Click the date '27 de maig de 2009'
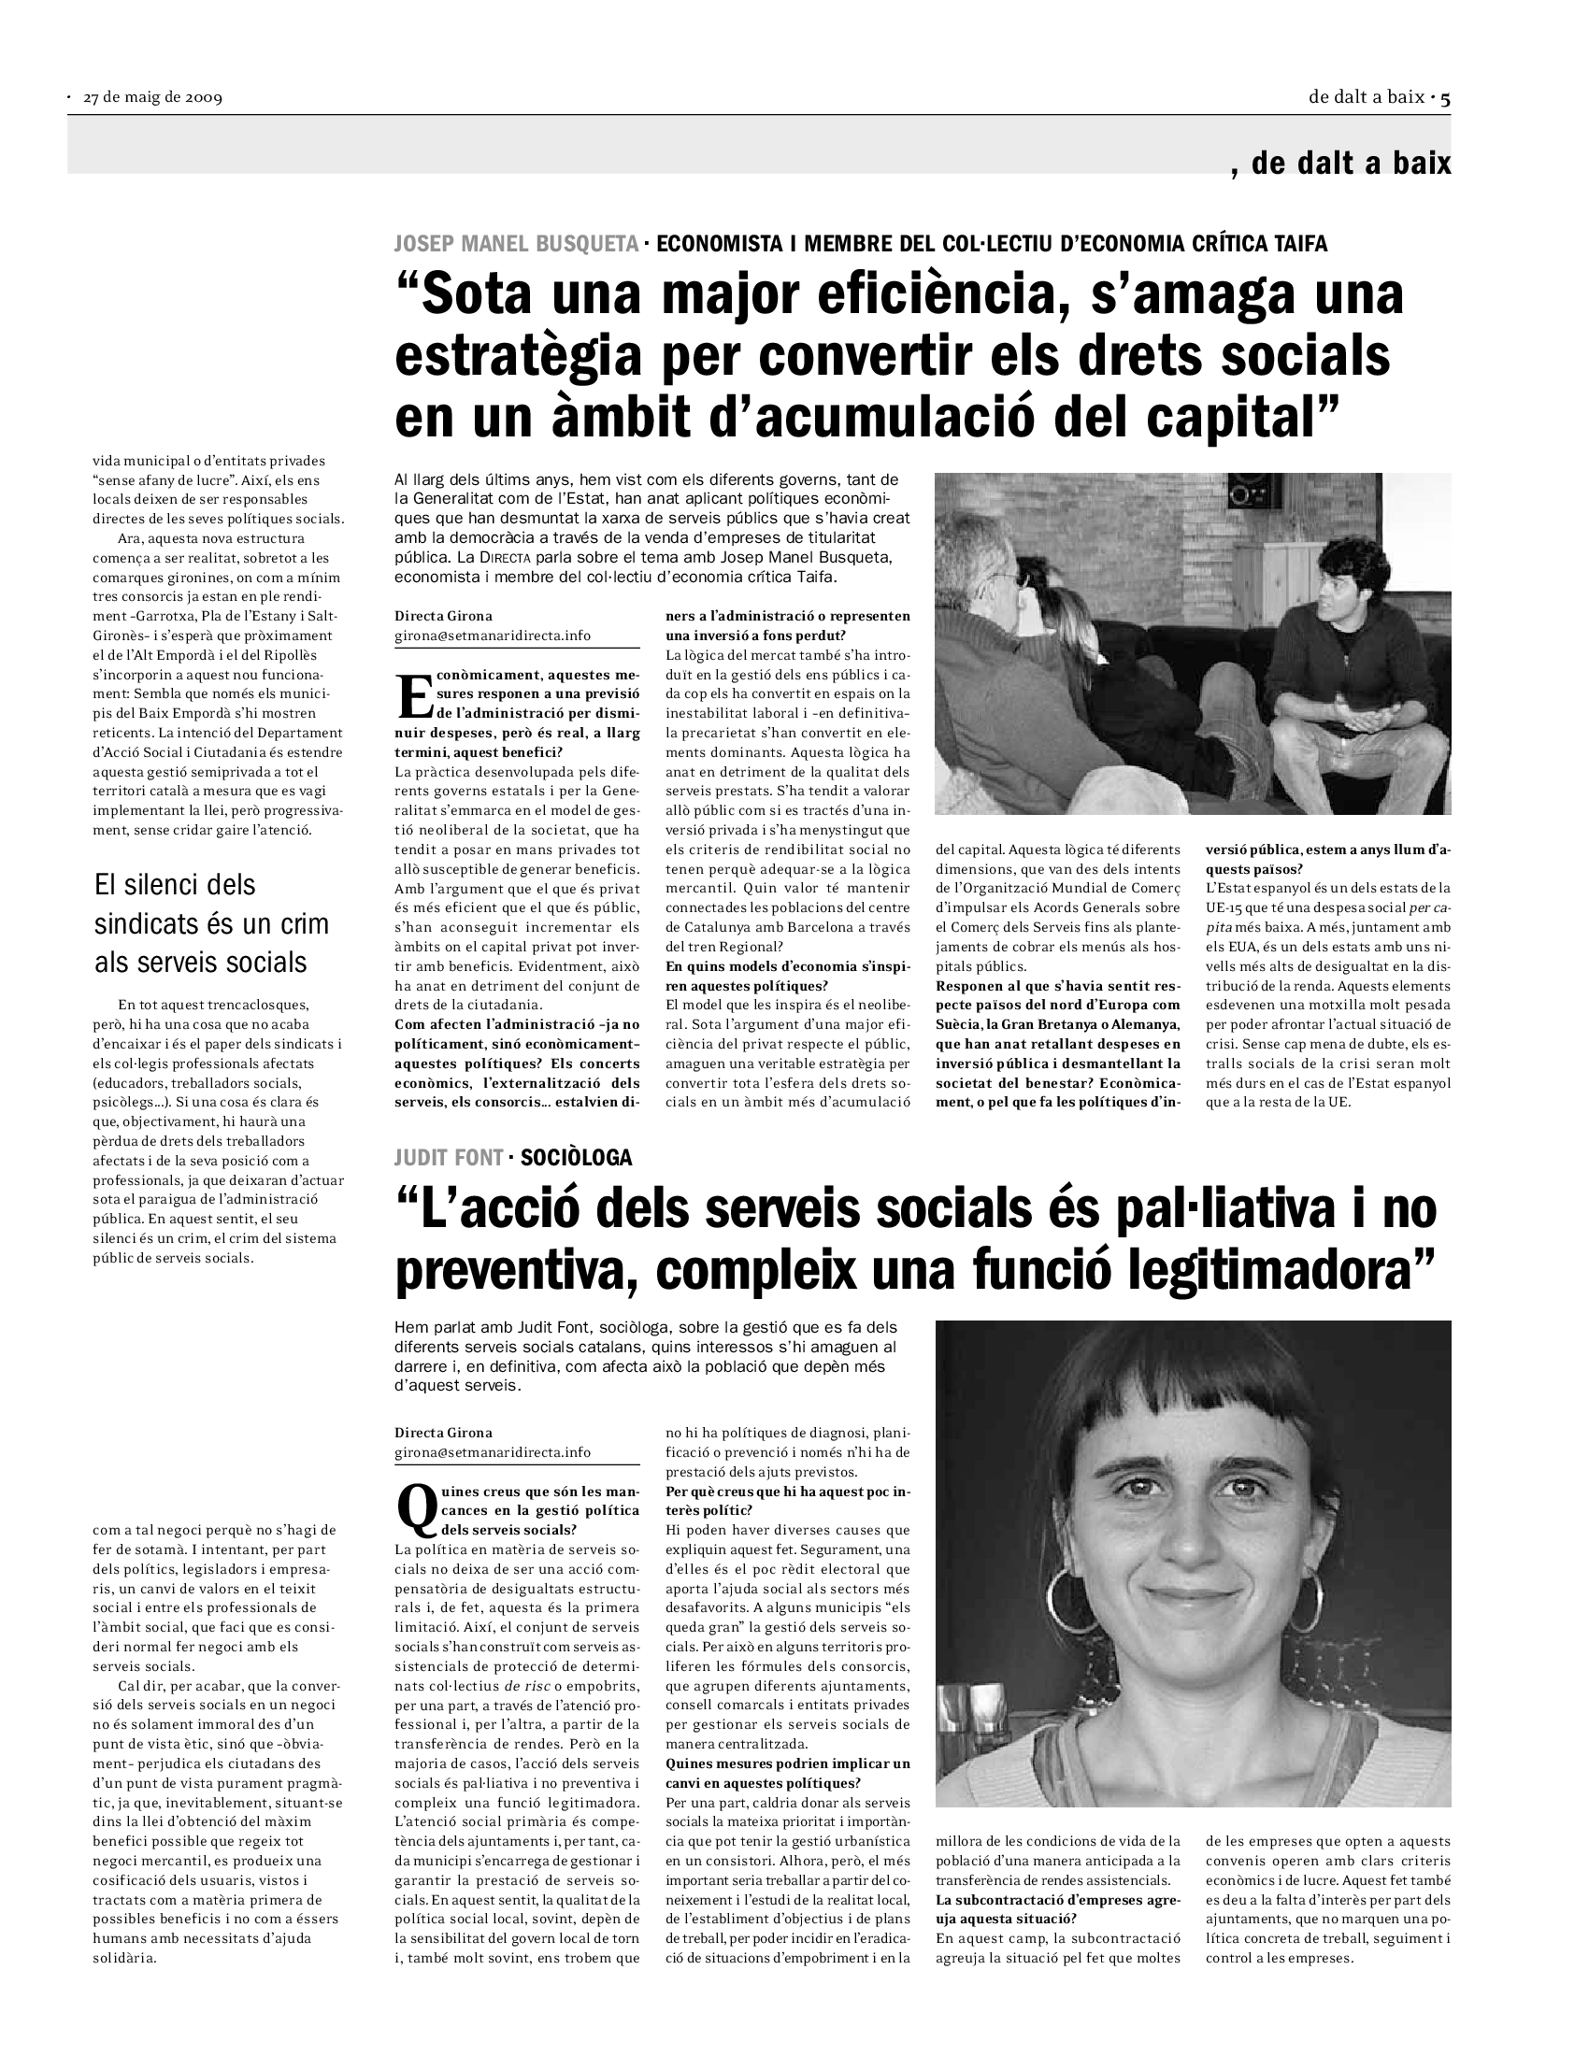point(152,98)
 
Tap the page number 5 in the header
point(1445,97)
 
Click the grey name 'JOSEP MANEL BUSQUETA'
point(517,244)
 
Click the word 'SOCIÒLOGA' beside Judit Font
point(576,1157)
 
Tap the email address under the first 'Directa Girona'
point(493,635)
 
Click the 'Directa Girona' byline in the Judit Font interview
point(443,1432)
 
